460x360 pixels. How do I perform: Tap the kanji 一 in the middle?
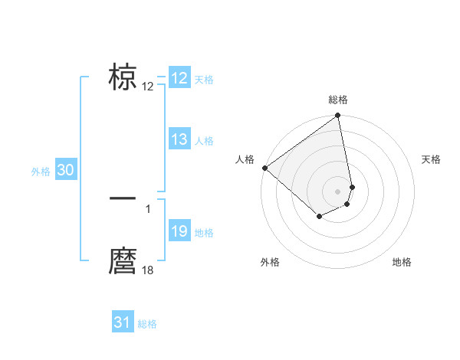[x=123, y=198]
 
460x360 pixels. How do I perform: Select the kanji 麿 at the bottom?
[x=123, y=261]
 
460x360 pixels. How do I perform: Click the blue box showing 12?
[x=179, y=78]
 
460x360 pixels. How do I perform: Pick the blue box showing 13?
[x=179, y=139]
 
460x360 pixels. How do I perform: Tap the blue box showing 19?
[x=179, y=231]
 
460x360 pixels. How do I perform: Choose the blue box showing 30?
[x=65, y=171]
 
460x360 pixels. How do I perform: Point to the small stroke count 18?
[x=148, y=270]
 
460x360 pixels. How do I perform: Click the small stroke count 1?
[x=148, y=208]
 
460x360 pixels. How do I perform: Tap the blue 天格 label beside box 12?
[x=204, y=80]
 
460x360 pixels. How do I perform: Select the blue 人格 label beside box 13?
[x=204, y=141]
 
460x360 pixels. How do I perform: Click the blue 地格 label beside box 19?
[x=204, y=233]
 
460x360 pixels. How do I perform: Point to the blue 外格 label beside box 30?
[x=41, y=172]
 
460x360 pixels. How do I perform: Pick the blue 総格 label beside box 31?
[x=147, y=324]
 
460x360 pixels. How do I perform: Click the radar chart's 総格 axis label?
[x=338, y=100]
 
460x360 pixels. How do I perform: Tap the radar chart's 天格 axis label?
[x=432, y=159]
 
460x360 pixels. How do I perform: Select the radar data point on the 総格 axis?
[x=338, y=116]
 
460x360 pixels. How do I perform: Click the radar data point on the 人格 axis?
[x=264, y=168]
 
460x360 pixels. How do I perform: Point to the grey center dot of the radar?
[x=338, y=191]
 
